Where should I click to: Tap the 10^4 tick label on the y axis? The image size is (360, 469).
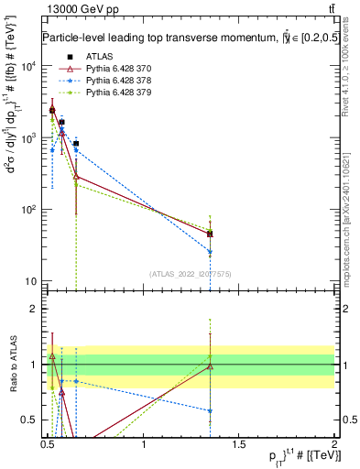(27, 66)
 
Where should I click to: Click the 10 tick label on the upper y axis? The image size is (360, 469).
(29, 280)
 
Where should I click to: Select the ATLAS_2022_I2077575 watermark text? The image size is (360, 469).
(191, 273)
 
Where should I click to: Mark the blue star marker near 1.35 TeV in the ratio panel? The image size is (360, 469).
(211, 411)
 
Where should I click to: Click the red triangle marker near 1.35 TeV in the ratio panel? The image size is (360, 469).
(211, 367)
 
